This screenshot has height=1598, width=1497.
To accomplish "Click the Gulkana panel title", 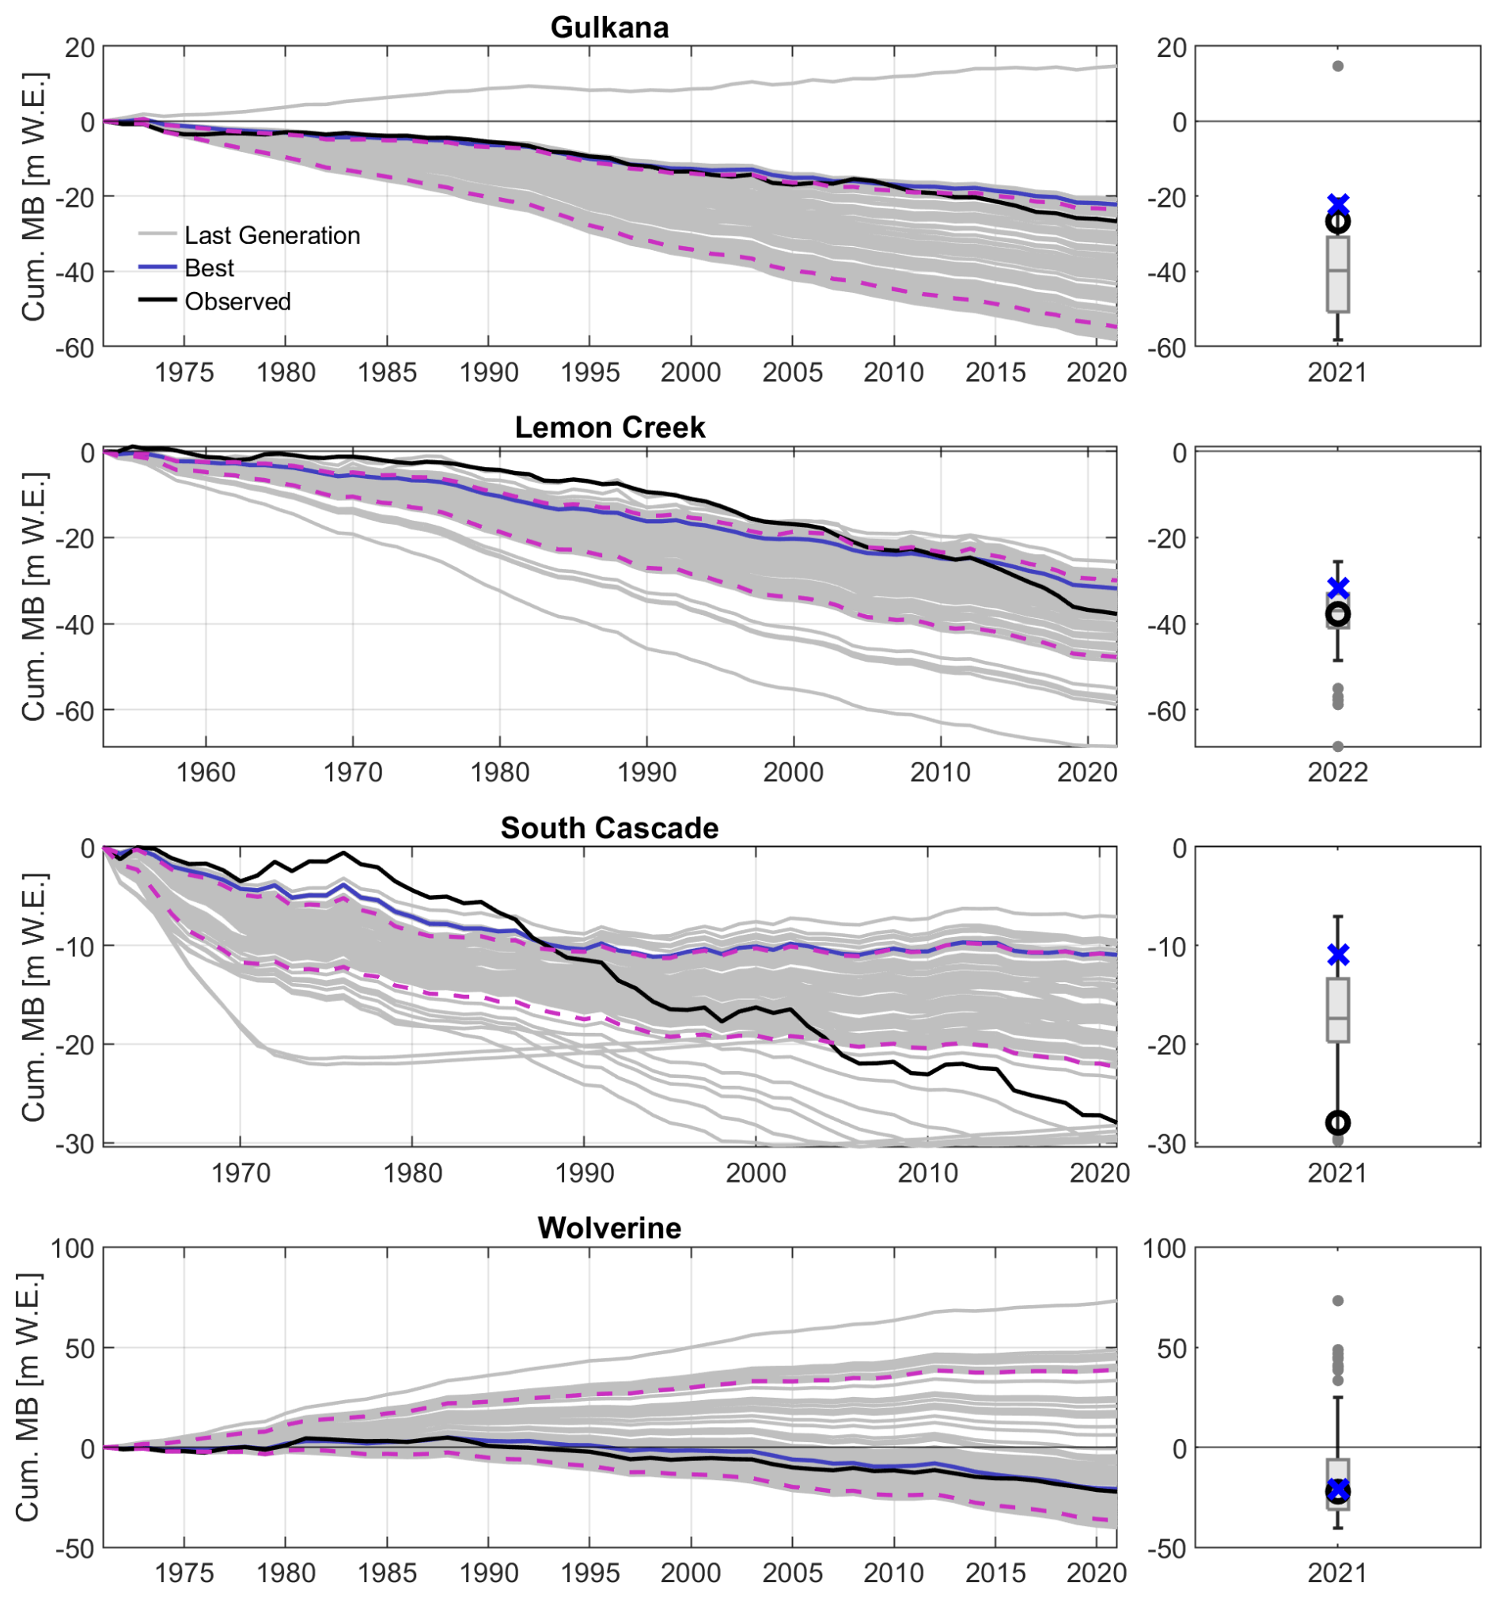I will click(609, 28).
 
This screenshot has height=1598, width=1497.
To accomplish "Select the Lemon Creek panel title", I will click(609, 427).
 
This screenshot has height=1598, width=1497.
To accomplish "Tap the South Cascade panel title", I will click(609, 827).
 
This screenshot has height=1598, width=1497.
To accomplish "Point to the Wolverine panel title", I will click(609, 1228).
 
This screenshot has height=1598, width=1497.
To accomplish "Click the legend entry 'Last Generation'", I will click(271, 235).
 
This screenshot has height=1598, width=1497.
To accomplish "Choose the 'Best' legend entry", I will click(209, 268).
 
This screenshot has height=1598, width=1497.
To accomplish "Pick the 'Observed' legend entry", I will click(237, 302).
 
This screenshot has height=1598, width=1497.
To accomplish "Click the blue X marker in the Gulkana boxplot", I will click(1337, 203).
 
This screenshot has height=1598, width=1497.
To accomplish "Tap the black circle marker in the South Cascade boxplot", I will click(1337, 1122).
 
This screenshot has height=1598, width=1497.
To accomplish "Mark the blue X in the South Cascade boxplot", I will click(1337, 955).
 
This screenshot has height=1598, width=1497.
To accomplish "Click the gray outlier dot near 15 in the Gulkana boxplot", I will click(1337, 66).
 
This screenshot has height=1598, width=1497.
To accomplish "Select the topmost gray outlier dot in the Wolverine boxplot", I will click(1337, 1300).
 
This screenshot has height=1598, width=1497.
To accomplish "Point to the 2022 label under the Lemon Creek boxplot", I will click(1337, 772).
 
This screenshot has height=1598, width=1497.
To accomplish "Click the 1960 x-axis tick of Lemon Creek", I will click(206, 772).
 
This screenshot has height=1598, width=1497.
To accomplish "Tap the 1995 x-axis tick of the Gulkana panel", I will click(589, 372).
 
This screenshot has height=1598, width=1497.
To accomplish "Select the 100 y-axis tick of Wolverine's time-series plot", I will click(72, 1248).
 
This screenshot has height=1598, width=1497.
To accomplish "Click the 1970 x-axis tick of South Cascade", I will click(241, 1172).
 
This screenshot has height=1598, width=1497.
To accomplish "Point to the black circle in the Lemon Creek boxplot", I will click(1337, 614).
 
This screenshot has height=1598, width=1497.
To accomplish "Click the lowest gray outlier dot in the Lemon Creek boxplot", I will click(1337, 746).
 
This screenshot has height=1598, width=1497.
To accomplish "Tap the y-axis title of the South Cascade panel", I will click(32, 996).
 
